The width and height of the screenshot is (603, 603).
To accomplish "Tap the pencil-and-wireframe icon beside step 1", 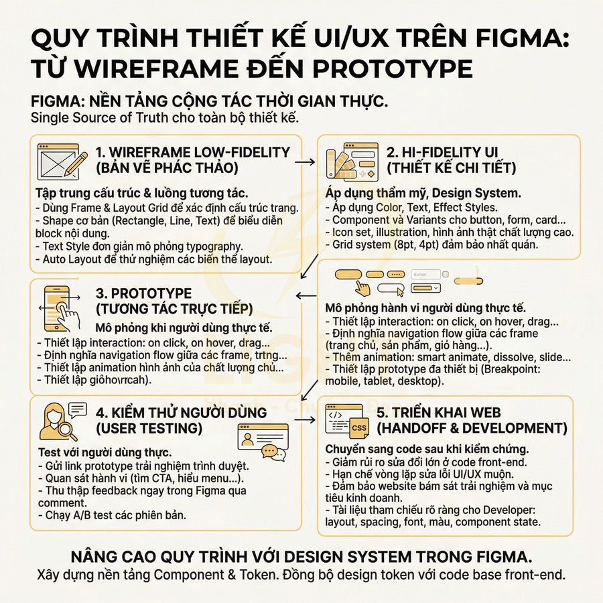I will (62, 160).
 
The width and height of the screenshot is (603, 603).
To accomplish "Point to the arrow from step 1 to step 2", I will (306, 161).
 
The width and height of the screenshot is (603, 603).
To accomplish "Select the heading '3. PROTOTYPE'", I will (143, 293).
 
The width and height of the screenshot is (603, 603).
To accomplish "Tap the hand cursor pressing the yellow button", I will (363, 288).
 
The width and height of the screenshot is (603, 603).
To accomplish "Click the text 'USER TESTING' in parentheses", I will (149, 427).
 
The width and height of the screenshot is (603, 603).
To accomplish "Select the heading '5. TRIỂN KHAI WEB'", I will (439, 413).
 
